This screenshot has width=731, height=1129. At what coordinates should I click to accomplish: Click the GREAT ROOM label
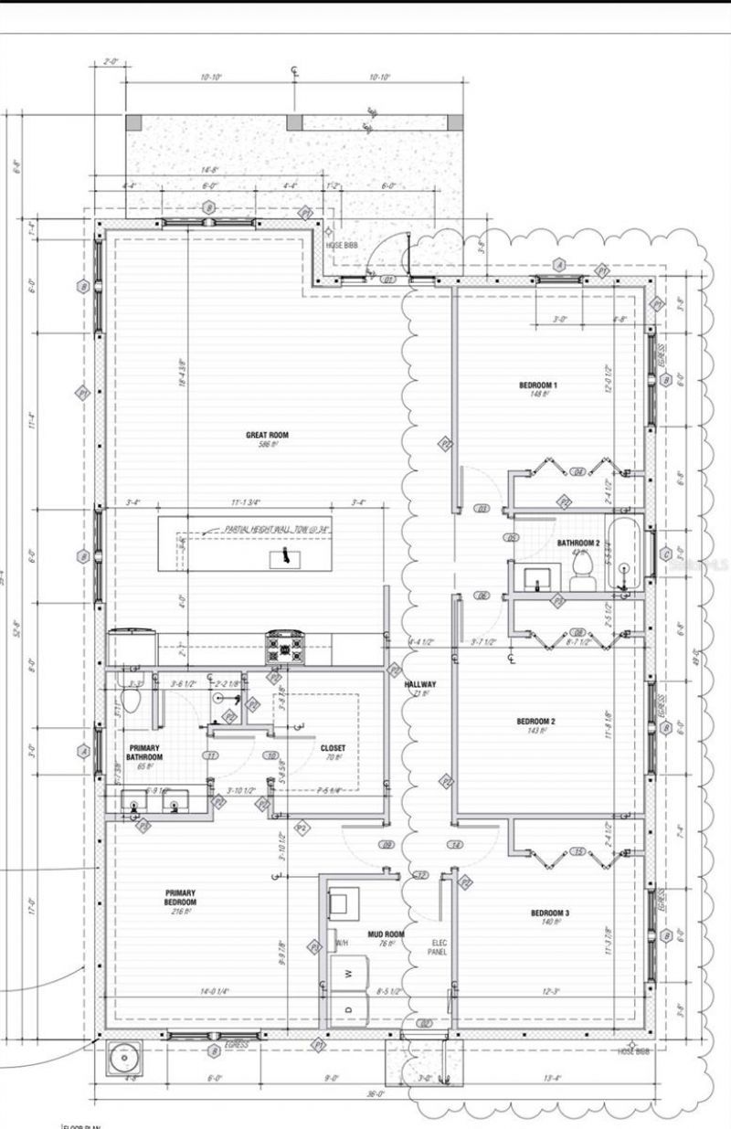267,436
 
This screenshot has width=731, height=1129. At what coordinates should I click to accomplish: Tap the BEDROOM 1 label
537,386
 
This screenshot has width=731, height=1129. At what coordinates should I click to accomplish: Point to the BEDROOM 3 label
550,913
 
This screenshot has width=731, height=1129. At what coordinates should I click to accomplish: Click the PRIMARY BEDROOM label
180,898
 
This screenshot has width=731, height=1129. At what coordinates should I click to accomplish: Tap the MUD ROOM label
386,934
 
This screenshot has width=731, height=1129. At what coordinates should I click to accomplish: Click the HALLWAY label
420,684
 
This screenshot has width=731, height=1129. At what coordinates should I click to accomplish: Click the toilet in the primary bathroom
131,700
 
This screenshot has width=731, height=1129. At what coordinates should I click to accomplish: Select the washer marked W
348,974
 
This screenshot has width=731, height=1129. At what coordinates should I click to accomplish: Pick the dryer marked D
348,1008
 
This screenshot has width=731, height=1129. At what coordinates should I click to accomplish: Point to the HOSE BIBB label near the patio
341,246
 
